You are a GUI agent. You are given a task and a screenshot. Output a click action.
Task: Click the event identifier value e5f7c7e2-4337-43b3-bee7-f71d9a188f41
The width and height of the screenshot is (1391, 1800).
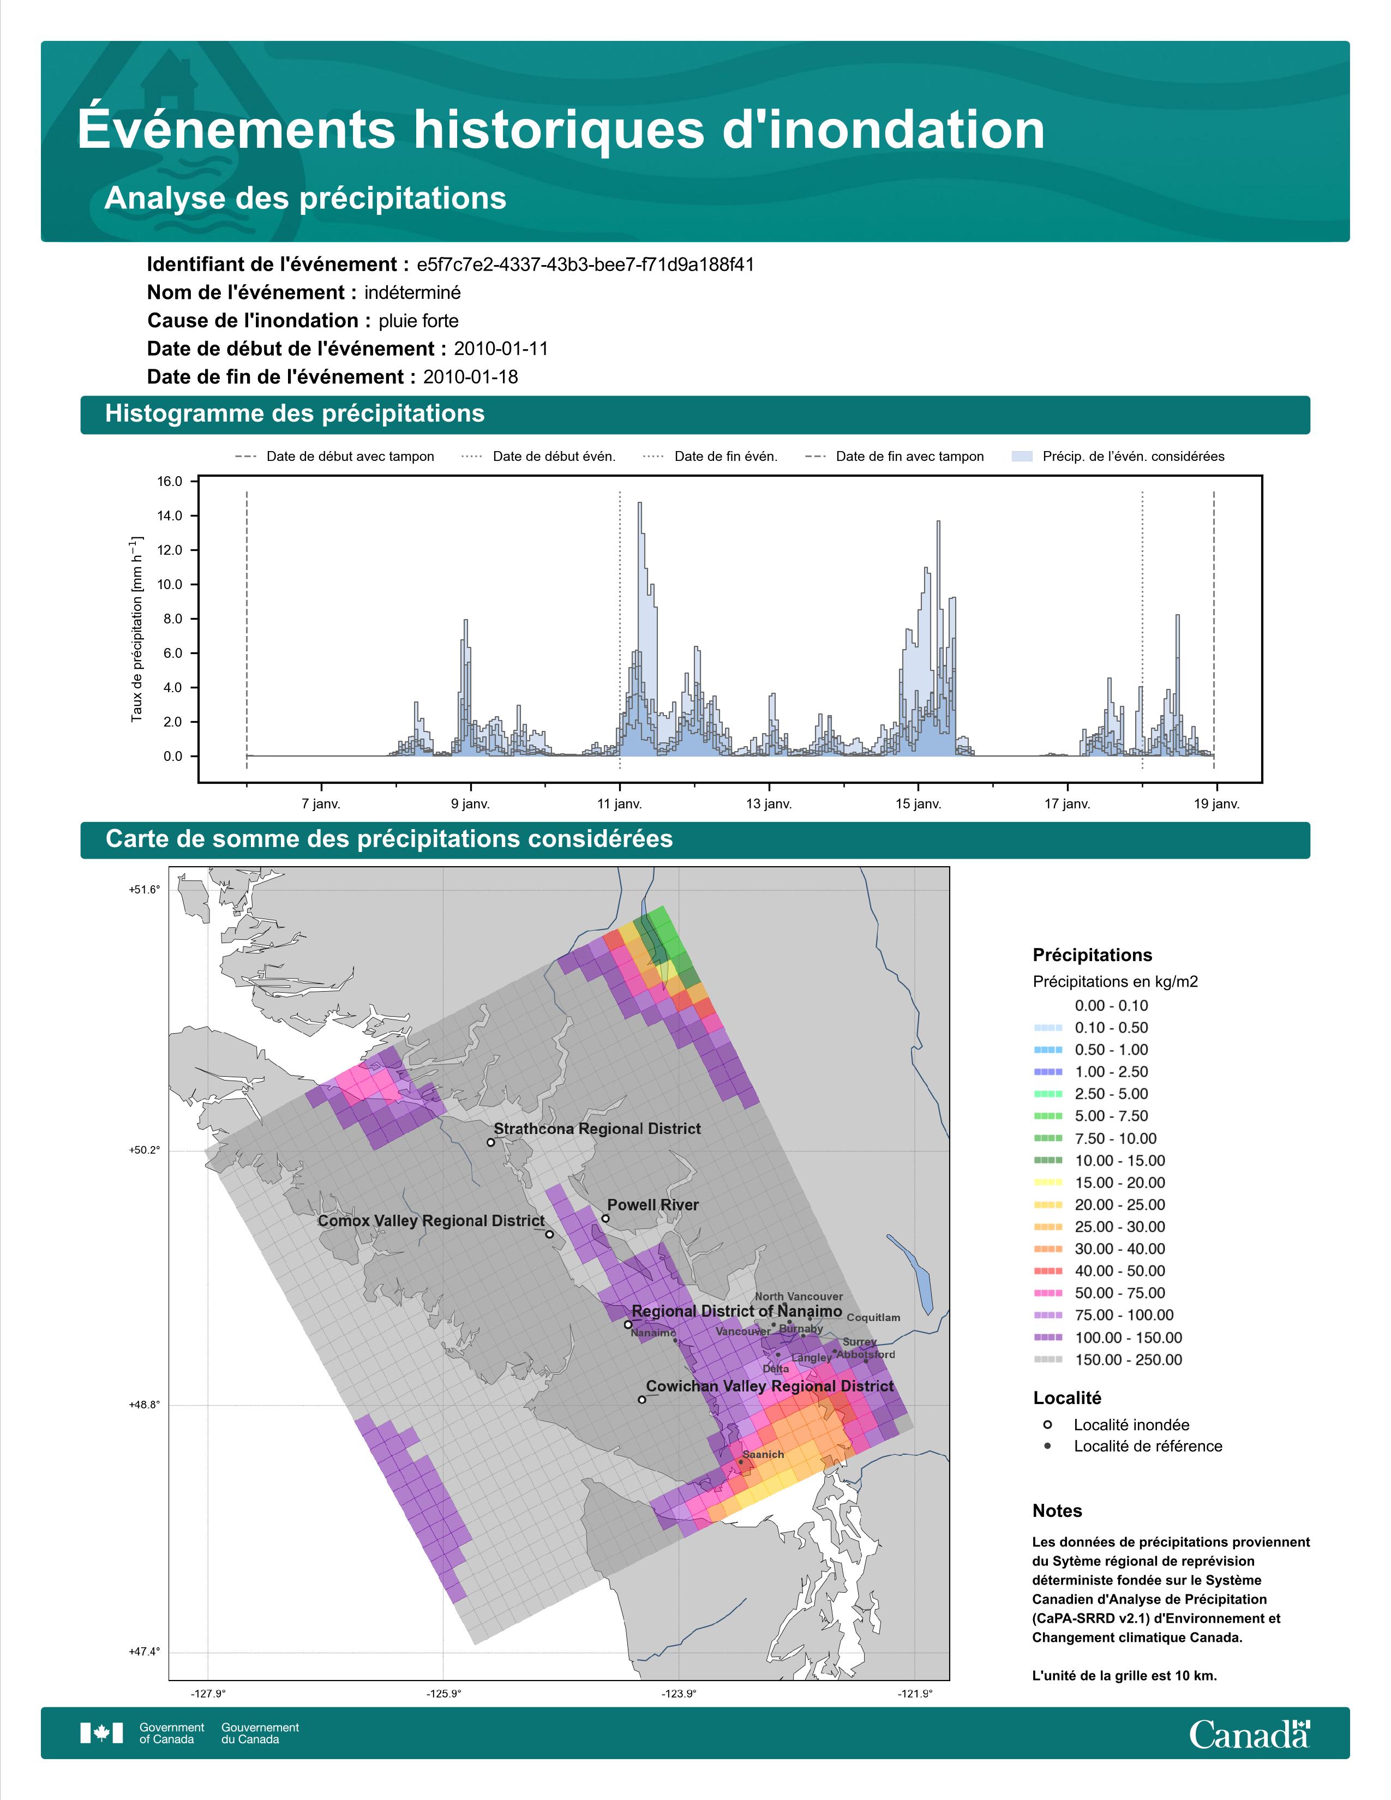point(585,265)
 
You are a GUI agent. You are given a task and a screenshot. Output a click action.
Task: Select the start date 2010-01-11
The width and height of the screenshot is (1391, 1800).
point(501,349)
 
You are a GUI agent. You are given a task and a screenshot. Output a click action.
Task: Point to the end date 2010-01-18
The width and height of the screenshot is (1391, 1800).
point(471,377)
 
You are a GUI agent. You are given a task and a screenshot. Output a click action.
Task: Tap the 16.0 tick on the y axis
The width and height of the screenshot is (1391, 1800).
point(170,481)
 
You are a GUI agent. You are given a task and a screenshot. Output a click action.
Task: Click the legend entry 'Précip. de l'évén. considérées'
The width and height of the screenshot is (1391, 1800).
point(1133,457)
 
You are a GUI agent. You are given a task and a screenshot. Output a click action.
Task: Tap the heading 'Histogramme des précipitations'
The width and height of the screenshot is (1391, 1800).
point(295,414)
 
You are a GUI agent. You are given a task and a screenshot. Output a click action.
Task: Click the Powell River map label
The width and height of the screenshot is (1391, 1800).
point(652,1205)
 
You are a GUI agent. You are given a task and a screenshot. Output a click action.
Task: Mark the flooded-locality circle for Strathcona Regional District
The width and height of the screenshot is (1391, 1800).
point(490,1142)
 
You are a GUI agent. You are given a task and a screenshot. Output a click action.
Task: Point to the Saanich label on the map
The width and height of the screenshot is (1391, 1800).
point(763,1455)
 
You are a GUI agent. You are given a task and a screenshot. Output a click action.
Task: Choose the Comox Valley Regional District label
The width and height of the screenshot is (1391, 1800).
point(431,1221)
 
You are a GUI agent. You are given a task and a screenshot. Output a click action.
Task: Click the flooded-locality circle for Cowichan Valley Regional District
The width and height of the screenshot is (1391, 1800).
point(642,1400)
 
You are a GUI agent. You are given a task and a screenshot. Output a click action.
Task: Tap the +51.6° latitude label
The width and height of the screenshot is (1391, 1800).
point(143,889)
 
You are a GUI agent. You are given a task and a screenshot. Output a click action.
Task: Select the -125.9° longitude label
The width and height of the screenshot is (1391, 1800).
point(443,1694)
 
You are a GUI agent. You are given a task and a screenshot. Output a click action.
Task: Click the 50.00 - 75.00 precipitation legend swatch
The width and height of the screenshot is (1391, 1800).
point(1047,1294)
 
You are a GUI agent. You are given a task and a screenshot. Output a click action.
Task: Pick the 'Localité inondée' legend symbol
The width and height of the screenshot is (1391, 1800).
point(1047,1424)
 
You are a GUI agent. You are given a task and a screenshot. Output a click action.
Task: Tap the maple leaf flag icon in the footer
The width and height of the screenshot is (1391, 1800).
point(101,1733)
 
